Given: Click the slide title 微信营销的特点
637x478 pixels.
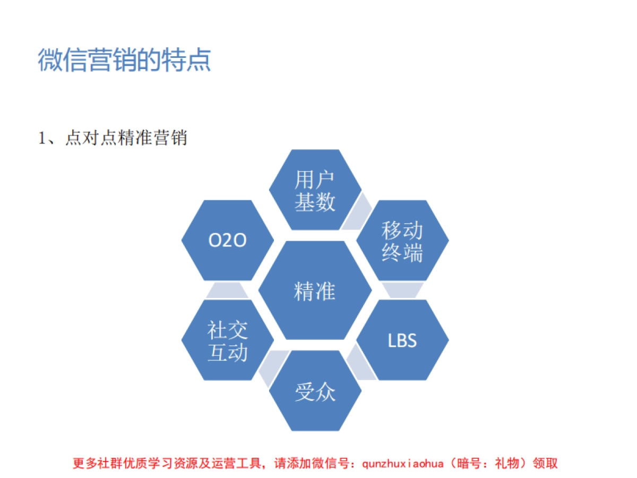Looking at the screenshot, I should pyautogui.click(x=124, y=60).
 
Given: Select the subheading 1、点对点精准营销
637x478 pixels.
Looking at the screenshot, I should pyautogui.click(x=113, y=139).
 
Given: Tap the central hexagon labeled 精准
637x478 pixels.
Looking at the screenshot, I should pyautogui.click(x=315, y=291).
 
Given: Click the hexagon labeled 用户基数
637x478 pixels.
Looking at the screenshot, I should pyautogui.click(x=315, y=190).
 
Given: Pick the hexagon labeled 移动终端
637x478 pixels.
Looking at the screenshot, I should pyautogui.click(x=402, y=241).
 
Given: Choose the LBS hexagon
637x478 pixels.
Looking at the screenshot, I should pyautogui.click(x=402, y=340).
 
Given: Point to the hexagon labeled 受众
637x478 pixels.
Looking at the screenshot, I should pyautogui.click(x=315, y=391).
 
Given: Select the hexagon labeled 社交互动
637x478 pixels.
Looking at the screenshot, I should pyautogui.click(x=228, y=340).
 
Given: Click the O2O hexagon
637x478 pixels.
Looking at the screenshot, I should pyautogui.click(x=228, y=241).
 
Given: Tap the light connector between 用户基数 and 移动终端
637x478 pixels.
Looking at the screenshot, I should pyautogui.click(x=356, y=211).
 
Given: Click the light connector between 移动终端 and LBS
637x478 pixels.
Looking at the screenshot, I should pyautogui.click(x=402, y=290).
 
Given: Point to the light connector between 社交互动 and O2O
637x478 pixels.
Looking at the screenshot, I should pyautogui.click(x=227, y=291).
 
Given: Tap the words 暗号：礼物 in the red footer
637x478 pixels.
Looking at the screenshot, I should pyautogui.click(x=488, y=463).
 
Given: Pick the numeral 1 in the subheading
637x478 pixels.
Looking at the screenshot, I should pyautogui.click(x=42, y=139).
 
